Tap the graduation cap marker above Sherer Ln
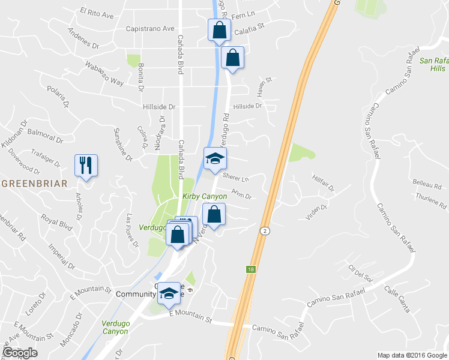pos(215,158)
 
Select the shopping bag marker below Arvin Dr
pos(214,214)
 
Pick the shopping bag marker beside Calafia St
pos(219,30)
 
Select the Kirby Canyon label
pos(205,196)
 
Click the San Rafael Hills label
pos(434,64)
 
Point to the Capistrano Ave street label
pos(150,28)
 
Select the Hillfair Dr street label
pos(322,184)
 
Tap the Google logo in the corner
pos(20,352)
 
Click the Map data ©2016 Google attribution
pos(411,355)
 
